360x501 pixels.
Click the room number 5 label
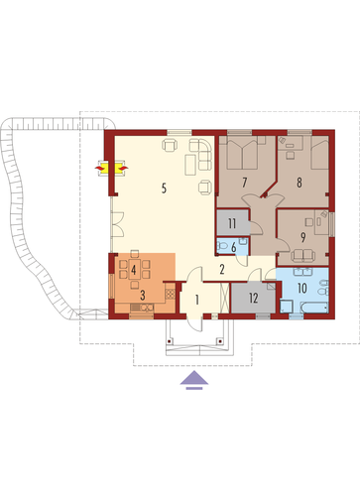point(164,188)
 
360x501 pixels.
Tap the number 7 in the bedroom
point(245,183)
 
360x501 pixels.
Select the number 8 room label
point(300,183)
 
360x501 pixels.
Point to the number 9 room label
point(302,237)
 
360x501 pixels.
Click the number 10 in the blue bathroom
point(302,288)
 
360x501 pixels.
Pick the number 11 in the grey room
point(232,223)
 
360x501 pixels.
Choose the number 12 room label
point(254,298)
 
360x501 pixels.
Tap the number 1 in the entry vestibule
point(197,300)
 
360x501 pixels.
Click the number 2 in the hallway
point(222,270)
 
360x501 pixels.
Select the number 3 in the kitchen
point(143,296)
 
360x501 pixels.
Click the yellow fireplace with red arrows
point(111,168)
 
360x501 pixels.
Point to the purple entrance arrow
point(194,380)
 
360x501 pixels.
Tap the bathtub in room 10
point(313,308)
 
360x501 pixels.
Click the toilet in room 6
point(222,246)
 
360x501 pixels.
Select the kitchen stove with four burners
point(170,294)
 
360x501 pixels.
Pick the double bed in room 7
point(243,153)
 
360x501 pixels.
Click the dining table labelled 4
point(134,270)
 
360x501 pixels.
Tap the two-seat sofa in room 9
point(303,254)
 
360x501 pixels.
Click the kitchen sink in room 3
point(142,308)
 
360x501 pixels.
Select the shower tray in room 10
point(286,307)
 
